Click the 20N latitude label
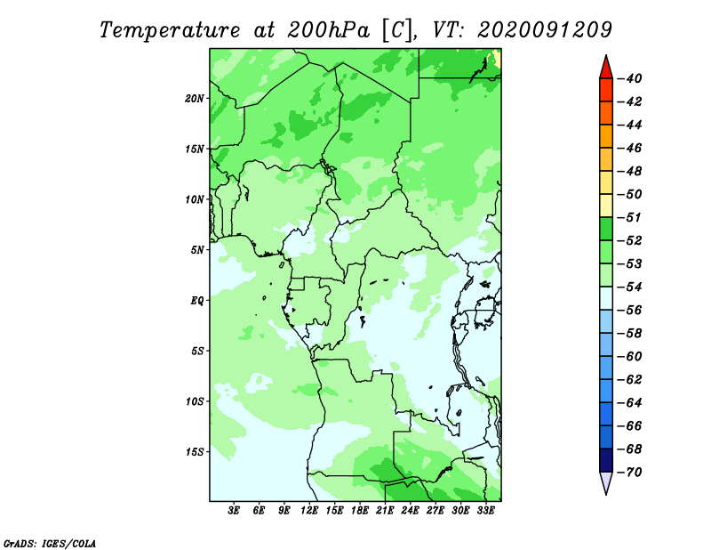click(194, 99)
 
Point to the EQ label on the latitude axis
click(196, 301)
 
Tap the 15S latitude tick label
click(194, 452)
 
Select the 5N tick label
click(196, 250)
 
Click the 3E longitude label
click(234, 510)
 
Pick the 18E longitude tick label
click(360, 510)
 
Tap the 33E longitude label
click(485, 510)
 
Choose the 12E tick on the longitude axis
click(309, 510)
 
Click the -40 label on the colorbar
click(629, 78)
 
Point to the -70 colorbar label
click(629, 473)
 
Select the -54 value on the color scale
click(629, 287)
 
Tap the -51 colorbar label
click(629, 217)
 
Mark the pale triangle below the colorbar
click(606, 481)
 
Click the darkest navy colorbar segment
click(606, 460)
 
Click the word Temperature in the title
click(170, 30)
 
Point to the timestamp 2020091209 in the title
click(545, 30)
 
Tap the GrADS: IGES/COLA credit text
click(50, 544)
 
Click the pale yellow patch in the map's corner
click(497, 60)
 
